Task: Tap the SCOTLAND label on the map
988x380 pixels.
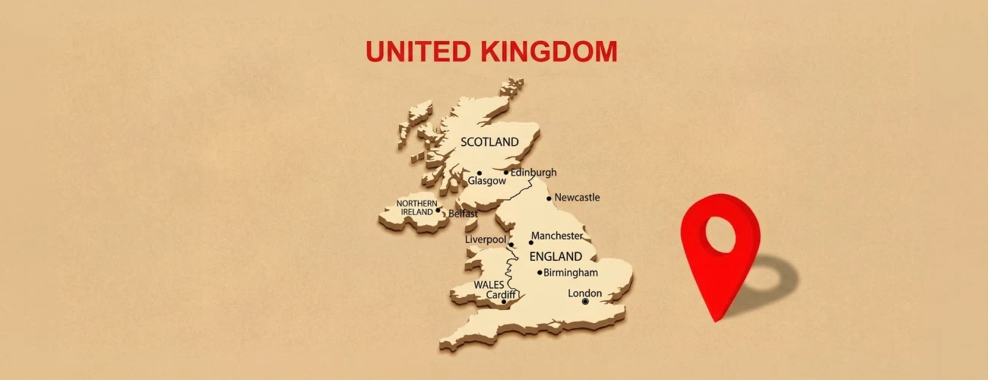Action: [x=489, y=142]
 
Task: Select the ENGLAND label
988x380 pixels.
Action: [x=556, y=256]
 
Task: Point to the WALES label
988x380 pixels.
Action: [x=489, y=284]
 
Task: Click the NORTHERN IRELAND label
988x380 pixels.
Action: [x=416, y=207]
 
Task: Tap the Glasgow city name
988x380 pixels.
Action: [x=486, y=182]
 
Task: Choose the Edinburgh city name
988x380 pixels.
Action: [x=534, y=173]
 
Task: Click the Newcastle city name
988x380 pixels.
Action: [x=577, y=198]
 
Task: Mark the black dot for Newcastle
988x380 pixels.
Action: [x=549, y=198]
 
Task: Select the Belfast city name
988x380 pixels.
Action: [x=463, y=214]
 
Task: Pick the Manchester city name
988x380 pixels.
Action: [x=557, y=236]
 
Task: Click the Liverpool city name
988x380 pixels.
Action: [x=485, y=240]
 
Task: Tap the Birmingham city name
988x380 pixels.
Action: [x=571, y=273]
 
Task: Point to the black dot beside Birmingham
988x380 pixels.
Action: [x=540, y=273]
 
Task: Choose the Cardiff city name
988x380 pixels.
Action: [x=501, y=295]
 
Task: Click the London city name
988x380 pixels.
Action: [x=584, y=293]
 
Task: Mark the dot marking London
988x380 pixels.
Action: [x=584, y=302]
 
